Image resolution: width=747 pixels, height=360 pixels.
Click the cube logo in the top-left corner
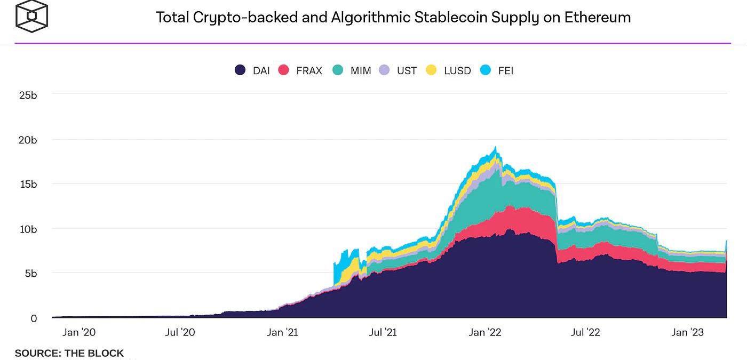pyautogui.click(x=31, y=15)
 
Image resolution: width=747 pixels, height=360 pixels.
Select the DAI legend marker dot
pyautogui.click(x=241, y=70)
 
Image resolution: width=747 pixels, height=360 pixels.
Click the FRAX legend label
pyautogui.click(x=309, y=70)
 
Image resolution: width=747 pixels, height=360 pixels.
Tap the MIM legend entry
pyautogui.click(x=361, y=70)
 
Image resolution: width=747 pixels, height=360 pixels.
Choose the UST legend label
pyautogui.click(x=407, y=70)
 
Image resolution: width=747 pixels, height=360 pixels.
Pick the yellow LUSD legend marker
pyautogui.click(x=431, y=70)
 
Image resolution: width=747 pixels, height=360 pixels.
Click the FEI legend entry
pyautogui.click(x=505, y=70)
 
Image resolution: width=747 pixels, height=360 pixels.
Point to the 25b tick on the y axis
pyautogui.click(x=28, y=95)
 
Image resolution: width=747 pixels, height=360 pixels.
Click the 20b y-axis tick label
pyautogui.click(x=28, y=140)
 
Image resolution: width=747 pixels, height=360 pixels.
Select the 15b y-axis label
pyautogui.click(x=28, y=184)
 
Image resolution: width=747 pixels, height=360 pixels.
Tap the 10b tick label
pyautogui.click(x=28, y=229)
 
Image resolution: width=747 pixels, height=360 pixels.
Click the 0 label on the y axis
pyautogui.click(x=34, y=318)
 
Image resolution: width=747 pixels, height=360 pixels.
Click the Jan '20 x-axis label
pyautogui.click(x=79, y=332)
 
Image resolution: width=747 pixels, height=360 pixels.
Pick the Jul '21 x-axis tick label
pyautogui.click(x=383, y=332)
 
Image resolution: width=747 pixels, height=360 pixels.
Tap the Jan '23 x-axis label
pyautogui.click(x=687, y=332)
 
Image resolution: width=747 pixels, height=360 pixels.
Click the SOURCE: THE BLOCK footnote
pyautogui.click(x=69, y=353)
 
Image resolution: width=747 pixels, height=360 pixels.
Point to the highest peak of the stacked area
pyautogui.click(x=496, y=147)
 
